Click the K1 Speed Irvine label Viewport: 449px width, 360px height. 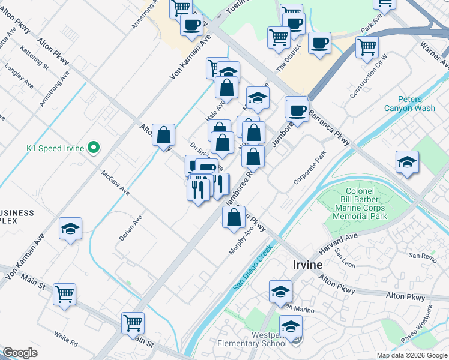[x=55, y=148]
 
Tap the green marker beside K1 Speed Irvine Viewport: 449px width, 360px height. [x=93, y=147]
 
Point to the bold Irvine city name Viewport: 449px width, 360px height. [x=308, y=265]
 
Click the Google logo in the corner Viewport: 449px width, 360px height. [x=20, y=353]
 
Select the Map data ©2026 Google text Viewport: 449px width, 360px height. [x=412, y=355]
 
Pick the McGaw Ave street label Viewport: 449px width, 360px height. [x=115, y=182]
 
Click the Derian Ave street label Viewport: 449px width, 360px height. [x=130, y=228]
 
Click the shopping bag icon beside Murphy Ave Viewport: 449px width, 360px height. [x=234, y=217]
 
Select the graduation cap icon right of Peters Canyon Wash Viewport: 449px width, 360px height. [x=408, y=162]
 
